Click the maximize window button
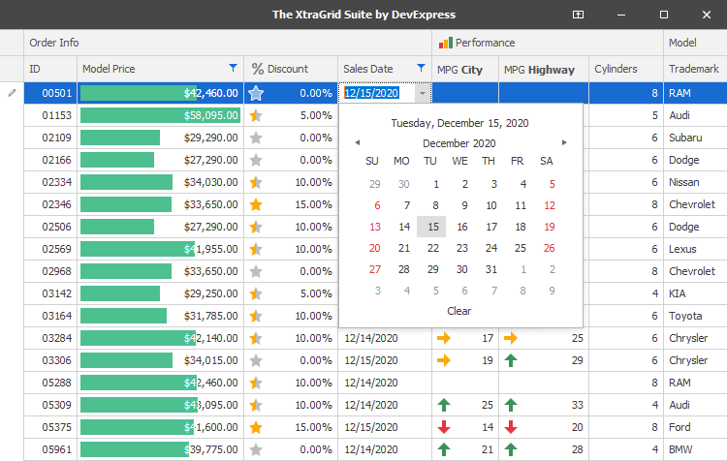(x=664, y=15)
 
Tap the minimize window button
(x=621, y=15)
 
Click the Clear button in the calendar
(x=459, y=311)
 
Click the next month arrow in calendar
(x=565, y=143)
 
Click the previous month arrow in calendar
(x=356, y=143)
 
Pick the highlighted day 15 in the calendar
(x=431, y=227)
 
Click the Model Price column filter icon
(x=233, y=68)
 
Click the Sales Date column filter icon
(x=421, y=68)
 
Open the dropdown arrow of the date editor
(x=423, y=94)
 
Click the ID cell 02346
(x=57, y=205)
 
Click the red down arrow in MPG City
(x=444, y=427)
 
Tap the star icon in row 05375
(x=256, y=427)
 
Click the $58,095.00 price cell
(x=160, y=116)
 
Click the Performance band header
(x=485, y=43)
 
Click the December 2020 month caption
(x=459, y=143)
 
